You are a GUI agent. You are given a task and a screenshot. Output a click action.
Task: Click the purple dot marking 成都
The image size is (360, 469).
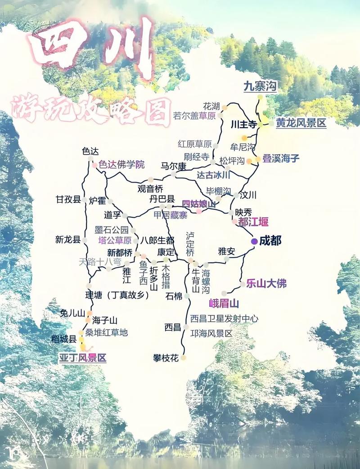[x=254, y=241]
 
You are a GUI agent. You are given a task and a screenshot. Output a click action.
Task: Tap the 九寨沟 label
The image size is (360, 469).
[x=260, y=86]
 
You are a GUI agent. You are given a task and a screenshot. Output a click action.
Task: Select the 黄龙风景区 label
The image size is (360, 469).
[x=301, y=123]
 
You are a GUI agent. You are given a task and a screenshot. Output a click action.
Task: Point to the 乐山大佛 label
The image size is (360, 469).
[x=266, y=284]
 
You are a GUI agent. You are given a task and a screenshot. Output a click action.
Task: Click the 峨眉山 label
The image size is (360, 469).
[x=224, y=303]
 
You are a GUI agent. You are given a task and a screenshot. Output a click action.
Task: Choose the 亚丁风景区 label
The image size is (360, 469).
[x=83, y=358]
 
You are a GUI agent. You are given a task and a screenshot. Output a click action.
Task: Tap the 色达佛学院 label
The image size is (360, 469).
[x=122, y=165]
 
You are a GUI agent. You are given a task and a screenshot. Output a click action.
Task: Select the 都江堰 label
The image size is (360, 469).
[x=253, y=222]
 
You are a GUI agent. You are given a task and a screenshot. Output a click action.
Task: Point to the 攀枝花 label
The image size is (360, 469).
[x=166, y=358]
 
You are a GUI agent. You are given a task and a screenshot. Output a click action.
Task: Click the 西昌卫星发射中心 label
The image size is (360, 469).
[x=224, y=319]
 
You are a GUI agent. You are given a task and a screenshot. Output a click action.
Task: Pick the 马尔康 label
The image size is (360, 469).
[x=174, y=166]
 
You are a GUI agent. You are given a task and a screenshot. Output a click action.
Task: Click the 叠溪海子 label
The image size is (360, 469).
[x=281, y=158]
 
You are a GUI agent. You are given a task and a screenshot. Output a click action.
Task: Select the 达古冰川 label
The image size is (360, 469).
[x=214, y=175]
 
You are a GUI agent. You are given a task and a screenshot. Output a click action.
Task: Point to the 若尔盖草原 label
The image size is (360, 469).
[x=194, y=116]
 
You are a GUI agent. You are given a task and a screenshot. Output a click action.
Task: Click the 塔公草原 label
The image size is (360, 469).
[x=115, y=240]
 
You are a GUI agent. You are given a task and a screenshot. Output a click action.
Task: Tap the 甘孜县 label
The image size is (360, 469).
[x=68, y=200]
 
